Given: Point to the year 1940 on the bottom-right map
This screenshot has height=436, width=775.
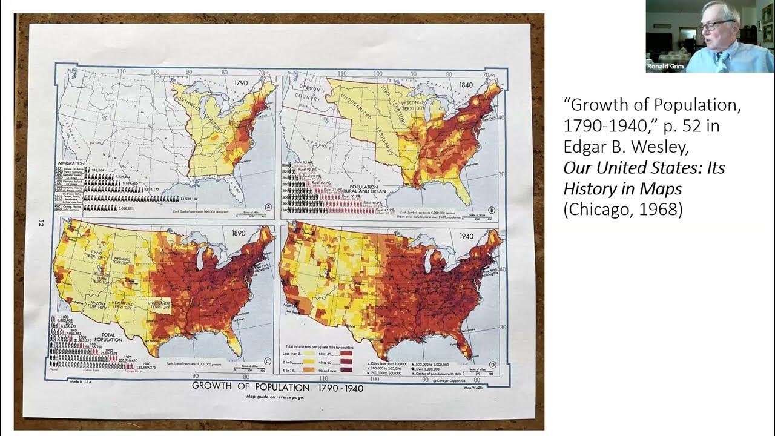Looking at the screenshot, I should (x=467, y=236).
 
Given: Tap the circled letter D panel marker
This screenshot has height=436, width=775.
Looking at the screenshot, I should (x=492, y=365).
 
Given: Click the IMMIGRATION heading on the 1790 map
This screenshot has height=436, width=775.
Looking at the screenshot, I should (x=70, y=163).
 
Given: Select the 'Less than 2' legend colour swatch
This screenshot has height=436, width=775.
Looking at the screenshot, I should (x=308, y=354).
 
